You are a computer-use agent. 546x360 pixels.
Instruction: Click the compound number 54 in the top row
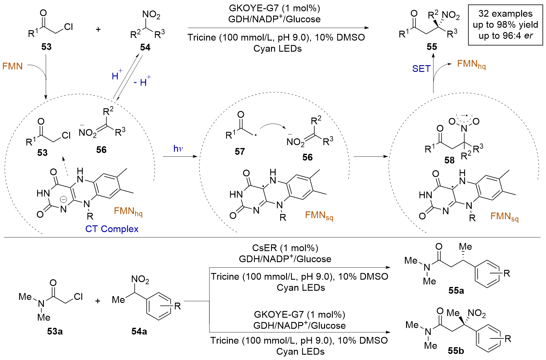(145, 47)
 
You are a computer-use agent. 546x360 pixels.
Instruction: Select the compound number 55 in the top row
(432, 47)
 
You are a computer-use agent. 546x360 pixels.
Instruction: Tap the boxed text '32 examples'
(505, 14)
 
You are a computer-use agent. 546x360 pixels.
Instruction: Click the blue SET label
(421, 69)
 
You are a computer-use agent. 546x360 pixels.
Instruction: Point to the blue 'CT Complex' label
(112, 229)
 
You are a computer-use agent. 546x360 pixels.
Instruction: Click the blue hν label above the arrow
(178, 149)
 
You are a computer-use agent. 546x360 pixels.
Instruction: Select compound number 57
(240, 151)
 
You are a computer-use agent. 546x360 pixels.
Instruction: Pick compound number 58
(449, 160)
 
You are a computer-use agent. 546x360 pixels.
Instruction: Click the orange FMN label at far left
(13, 66)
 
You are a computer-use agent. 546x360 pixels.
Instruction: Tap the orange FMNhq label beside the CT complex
(128, 211)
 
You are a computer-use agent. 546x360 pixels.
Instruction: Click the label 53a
(55, 331)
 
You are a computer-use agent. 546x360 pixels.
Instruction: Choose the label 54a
(139, 331)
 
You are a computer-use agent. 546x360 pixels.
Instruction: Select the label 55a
(456, 290)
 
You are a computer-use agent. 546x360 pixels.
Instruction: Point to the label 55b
(456, 351)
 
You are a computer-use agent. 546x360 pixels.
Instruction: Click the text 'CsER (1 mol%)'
(285, 248)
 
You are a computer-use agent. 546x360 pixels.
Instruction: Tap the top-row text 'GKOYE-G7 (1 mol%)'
(274, 8)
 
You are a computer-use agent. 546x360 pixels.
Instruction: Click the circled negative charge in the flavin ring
(63, 200)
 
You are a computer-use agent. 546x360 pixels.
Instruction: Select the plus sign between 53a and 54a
(98, 301)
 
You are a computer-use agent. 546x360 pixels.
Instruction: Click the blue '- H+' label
(142, 82)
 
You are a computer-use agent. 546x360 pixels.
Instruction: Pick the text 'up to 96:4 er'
(505, 36)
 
